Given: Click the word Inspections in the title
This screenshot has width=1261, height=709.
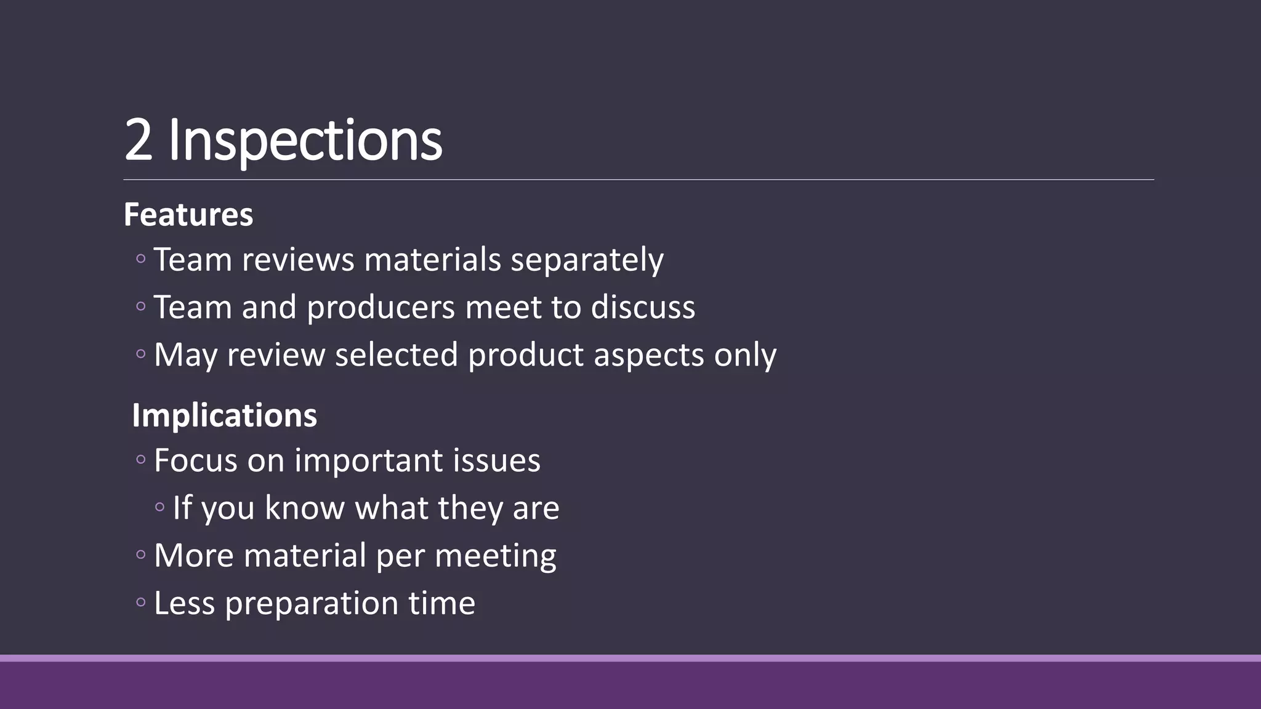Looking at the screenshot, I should [x=305, y=140].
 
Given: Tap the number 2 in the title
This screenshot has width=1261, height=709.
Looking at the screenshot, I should [x=138, y=140].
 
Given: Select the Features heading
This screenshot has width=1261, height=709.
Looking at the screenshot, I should [x=188, y=215].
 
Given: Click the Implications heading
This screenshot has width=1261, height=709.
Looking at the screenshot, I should [x=224, y=415].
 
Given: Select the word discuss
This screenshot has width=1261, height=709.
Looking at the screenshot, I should [x=643, y=307].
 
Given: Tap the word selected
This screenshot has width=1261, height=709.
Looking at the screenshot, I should [x=397, y=355].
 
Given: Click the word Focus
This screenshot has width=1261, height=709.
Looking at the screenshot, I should [x=196, y=460].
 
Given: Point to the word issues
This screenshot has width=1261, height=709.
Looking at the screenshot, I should [x=496, y=460].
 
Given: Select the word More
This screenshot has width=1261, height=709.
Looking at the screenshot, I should [x=194, y=556].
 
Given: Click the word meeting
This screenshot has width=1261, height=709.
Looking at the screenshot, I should [x=495, y=556].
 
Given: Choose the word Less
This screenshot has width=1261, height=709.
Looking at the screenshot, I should [x=184, y=603].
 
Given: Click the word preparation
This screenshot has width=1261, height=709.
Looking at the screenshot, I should [x=312, y=604].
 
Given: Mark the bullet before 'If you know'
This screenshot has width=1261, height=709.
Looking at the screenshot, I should [x=160, y=508].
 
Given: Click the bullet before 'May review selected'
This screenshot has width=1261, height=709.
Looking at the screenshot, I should [x=141, y=354].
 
